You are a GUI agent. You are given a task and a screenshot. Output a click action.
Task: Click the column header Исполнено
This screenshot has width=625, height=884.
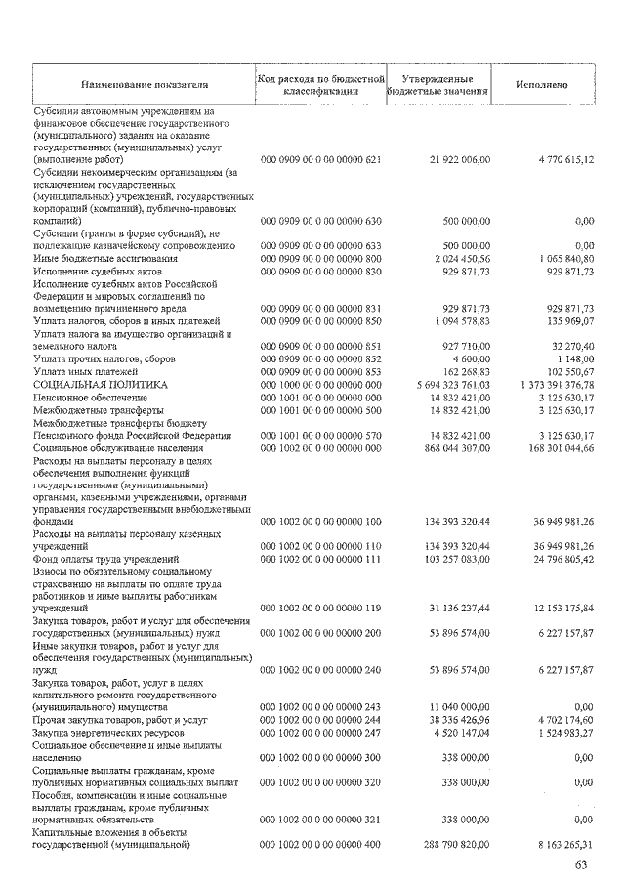[x=542, y=84]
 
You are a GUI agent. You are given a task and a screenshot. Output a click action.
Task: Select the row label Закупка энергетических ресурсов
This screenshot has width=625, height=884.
[x=105, y=730]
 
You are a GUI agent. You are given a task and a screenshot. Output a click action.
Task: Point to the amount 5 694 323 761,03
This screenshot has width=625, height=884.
[x=452, y=386]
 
